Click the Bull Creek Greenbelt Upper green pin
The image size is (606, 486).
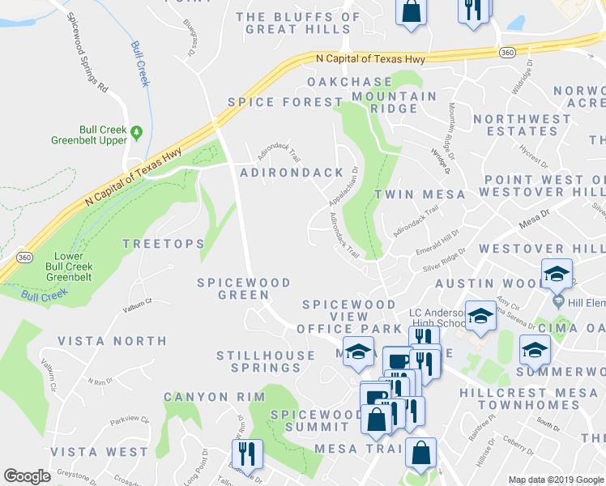[x=136, y=132]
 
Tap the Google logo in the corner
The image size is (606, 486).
[x=27, y=476]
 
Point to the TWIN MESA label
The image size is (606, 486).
[x=420, y=194]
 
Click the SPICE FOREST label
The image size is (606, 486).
[x=284, y=102]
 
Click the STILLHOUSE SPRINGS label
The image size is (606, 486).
[x=266, y=361]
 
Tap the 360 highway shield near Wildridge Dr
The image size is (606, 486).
[x=507, y=52]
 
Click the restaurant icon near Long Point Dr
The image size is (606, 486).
[x=245, y=454]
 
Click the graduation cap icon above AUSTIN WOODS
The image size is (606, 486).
[x=557, y=275]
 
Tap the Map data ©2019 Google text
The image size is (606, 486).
[x=555, y=480]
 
